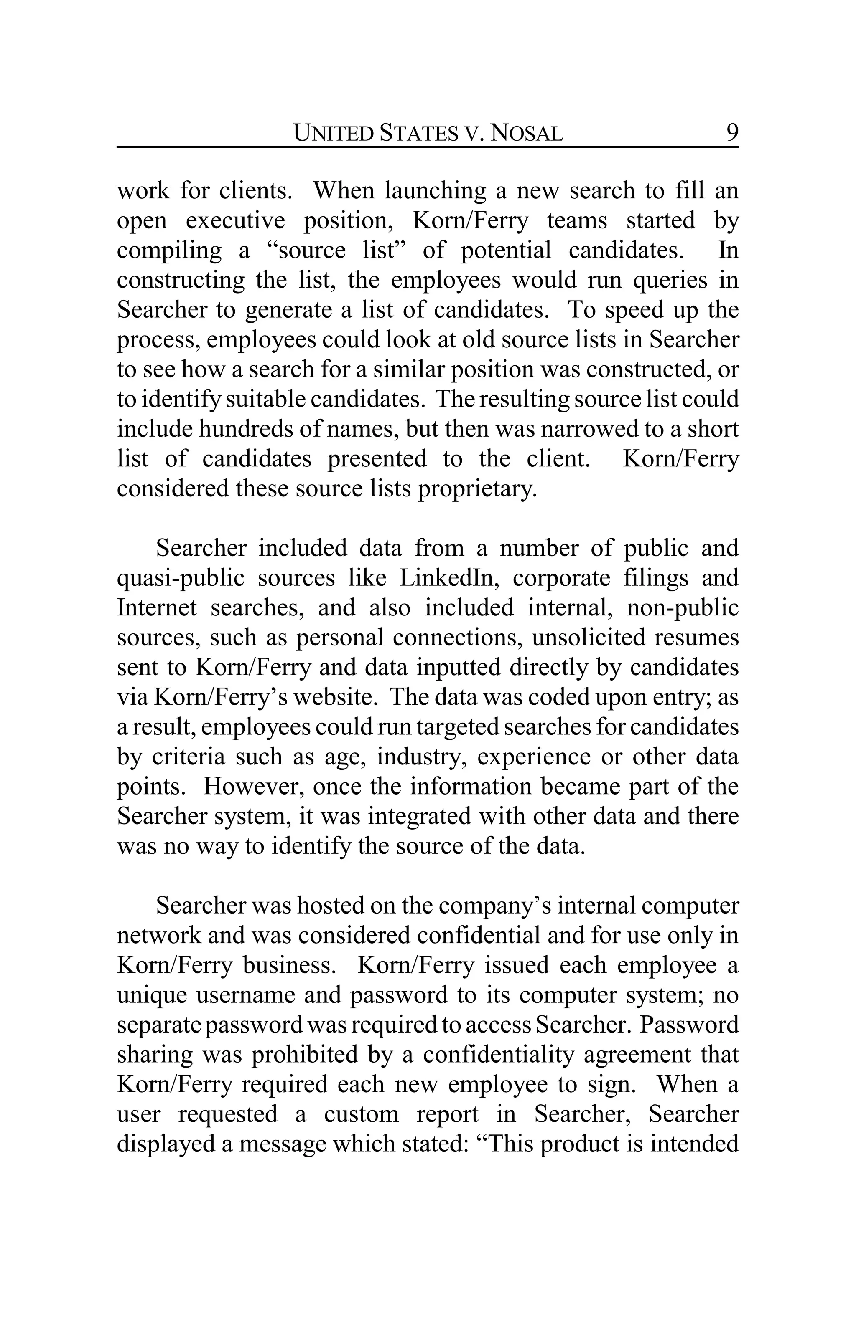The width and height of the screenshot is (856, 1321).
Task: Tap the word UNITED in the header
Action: pyautogui.click(x=333, y=133)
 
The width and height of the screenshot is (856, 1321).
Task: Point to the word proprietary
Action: pyautogui.click(x=477, y=488)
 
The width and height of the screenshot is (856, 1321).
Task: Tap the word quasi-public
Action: pyautogui.click(x=181, y=578)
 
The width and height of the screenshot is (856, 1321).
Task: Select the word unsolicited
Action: pyautogui.click(x=588, y=637)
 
